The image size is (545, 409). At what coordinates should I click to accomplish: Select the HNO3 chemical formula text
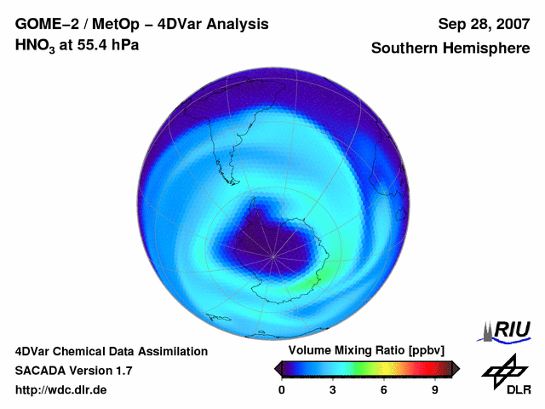tap(35, 46)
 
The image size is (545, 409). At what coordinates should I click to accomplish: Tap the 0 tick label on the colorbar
tap(282, 389)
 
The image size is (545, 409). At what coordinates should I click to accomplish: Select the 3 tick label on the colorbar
tap(333, 389)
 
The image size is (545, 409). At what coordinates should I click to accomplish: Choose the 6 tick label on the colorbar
tap(384, 389)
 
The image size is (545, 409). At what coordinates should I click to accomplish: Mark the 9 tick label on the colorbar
tap(435, 389)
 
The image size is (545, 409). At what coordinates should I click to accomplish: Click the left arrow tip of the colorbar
tap(276, 368)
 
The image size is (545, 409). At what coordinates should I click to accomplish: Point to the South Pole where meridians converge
tap(273, 256)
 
